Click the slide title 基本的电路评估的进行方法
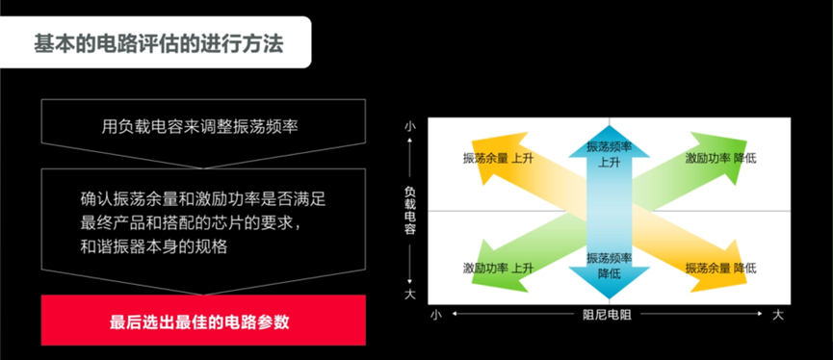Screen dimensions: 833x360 158,42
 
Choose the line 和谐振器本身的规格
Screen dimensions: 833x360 154,245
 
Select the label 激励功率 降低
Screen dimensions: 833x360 720,157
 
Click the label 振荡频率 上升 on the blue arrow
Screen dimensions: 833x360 609,154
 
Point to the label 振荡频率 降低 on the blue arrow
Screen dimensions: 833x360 609,266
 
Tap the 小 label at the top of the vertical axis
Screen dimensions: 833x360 410,126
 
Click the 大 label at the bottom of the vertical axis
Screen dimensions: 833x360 410,293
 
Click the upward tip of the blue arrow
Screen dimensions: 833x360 609,126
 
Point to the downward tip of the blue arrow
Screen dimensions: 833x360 609,296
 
